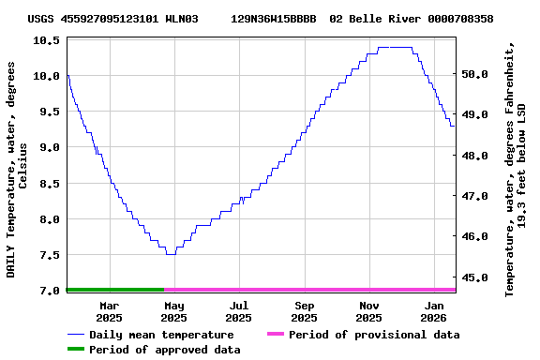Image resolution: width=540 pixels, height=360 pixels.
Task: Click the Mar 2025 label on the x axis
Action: (x=109, y=311)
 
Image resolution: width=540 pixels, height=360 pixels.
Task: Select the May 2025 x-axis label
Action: (x=173, y=311)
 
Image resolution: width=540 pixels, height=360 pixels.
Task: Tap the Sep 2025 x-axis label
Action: (x=304, y=311)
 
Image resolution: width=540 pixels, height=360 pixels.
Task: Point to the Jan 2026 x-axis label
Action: (x=434, y=311)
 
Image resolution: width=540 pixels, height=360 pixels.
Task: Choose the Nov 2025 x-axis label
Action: (x=369, y=311)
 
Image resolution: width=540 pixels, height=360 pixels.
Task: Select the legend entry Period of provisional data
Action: (x=373, y=335)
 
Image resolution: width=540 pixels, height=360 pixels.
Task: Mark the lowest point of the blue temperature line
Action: (x=171, y=254)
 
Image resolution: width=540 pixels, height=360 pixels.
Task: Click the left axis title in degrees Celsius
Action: (x=17, y=169)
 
